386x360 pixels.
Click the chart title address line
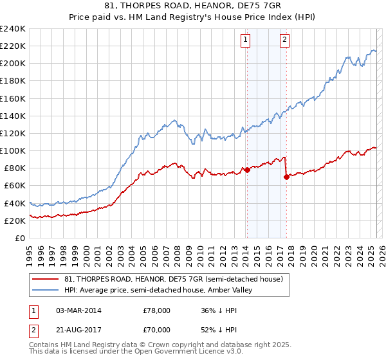[x=193, y=6]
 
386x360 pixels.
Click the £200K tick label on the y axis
[x=12, y=64]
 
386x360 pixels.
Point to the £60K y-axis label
[x=14, y=186]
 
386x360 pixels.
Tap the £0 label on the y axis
[x=21, y=238]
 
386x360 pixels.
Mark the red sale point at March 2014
[x=247, y=170]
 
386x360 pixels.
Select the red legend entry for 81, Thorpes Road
[x=173, y=279]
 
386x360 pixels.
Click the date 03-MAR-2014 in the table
[x=78, y=310]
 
